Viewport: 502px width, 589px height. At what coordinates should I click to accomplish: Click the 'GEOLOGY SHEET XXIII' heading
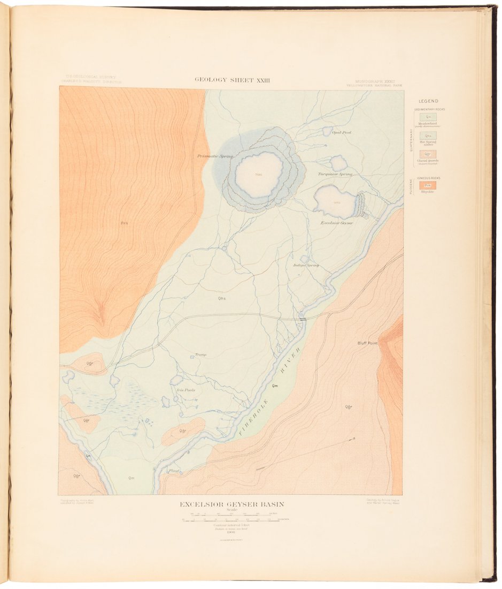point(232,80)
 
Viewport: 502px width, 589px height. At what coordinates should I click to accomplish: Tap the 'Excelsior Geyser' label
point(336,223)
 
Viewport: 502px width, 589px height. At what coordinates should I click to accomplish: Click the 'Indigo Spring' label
point(306,265)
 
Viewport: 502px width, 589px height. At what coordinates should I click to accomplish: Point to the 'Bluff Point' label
point(367,343)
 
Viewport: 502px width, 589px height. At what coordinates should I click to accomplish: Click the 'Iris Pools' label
point(186,390)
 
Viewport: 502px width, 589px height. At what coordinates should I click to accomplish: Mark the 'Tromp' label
point(200,354)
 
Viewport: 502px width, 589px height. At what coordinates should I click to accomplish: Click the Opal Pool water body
point(327,131)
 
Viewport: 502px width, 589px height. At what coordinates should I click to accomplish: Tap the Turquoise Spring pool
point(338,163)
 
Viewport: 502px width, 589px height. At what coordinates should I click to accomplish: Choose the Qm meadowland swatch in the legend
point(428,117)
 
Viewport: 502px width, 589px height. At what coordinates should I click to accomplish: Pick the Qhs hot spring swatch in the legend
point(428,136)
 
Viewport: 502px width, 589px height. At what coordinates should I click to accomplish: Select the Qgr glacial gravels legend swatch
point(428,154)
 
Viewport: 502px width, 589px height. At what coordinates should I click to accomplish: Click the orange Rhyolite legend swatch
point(428,185)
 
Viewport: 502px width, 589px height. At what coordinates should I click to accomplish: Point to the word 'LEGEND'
point(428,101)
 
